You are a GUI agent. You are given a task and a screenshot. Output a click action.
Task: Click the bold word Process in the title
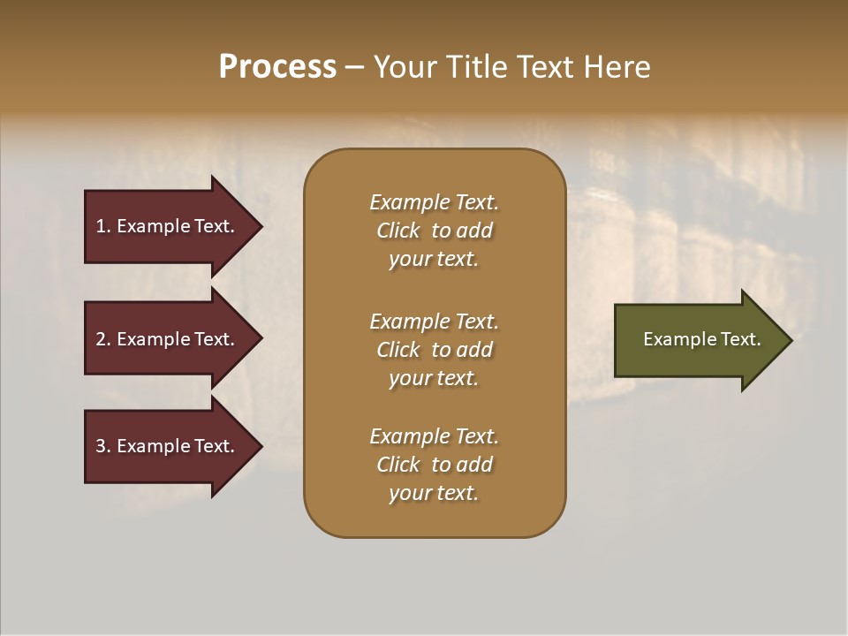(x=277, y=67)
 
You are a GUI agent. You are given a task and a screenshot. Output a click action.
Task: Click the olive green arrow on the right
(x=698, y=340)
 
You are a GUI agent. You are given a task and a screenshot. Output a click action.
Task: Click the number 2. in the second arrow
(x=103, y=339)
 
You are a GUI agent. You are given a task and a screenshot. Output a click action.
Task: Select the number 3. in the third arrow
(x=103, y=446)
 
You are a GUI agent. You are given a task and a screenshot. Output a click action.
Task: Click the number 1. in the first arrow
(x=103, y=226)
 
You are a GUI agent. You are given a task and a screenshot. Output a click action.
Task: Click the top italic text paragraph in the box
(x=434, y=231)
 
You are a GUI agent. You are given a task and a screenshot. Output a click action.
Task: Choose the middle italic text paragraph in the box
(x=434, y=350)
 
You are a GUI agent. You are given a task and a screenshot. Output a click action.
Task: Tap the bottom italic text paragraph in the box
(x=434, y=465)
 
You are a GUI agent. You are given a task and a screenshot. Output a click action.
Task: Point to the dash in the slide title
(x=354, y=67)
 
